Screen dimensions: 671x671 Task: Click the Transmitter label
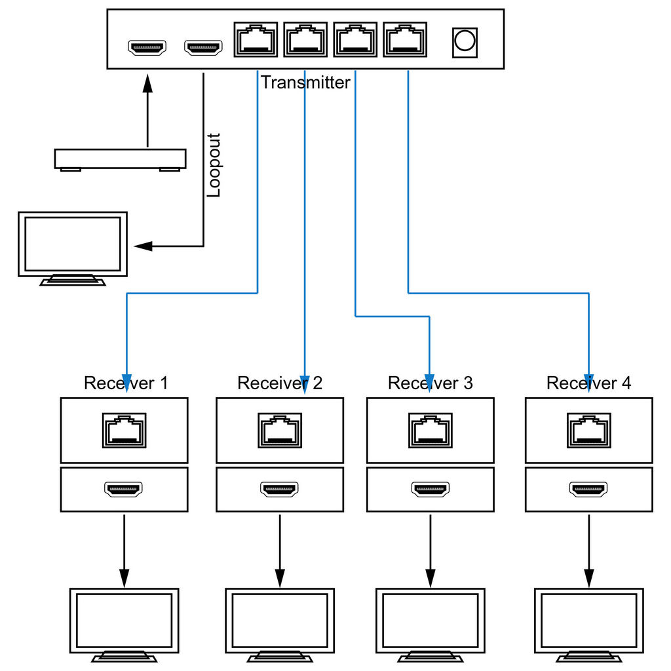click(x=305, y=83)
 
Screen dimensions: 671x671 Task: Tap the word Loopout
click(x=214, y=165)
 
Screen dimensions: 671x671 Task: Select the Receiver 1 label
click(x=126, y=383)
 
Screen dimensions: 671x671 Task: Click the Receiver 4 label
click(x=588, y=383)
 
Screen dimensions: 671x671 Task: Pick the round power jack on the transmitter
click(x=464, y=41)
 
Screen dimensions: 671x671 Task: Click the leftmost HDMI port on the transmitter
click(x=147, y=47)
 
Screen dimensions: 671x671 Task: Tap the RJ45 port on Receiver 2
click(x=280, y=430)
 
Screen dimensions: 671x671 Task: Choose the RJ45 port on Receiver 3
click(x=431, y=430)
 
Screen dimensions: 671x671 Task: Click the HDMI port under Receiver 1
click(x=124, y=489)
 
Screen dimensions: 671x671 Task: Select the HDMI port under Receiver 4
click(x=588, y=489)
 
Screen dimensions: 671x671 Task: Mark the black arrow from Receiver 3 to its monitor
click(x=431, y=550)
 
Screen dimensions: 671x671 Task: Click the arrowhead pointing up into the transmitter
click(x=147, y=84)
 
